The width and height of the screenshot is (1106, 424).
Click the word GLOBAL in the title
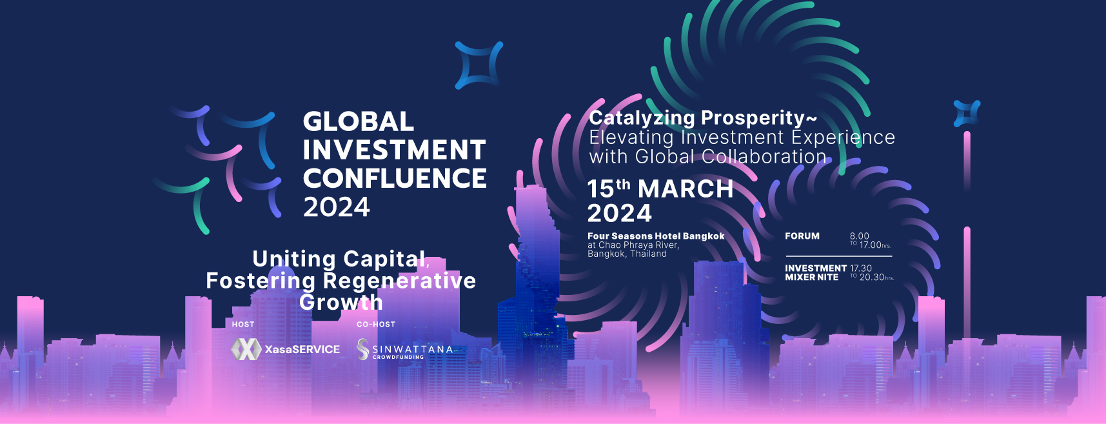tap(359, 121)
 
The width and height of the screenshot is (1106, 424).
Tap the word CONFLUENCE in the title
tap(395, 178)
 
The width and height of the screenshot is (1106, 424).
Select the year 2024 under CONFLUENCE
tap(337, 207)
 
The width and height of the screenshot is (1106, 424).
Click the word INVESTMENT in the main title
tap(394, 150)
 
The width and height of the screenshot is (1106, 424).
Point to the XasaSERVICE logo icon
tap(246, 349)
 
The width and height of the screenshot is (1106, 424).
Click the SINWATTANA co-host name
tap(413, 349)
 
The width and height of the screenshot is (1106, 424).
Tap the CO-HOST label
tap(376, 324)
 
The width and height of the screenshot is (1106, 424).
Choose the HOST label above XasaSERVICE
tap(243, 324)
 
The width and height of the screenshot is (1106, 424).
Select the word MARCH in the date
tap(686, 189)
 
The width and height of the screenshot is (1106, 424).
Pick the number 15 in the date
tap(600, 189)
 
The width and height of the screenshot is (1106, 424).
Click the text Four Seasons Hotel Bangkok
tap(656, 236)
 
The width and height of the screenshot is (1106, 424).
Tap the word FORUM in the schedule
tap(802, 236)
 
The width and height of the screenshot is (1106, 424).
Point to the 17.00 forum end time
tap(871, 245)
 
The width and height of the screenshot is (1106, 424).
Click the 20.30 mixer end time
tap(871, 278)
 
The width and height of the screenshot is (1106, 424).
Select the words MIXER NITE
tap(812, 278)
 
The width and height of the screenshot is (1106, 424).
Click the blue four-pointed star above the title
tap(479, 65)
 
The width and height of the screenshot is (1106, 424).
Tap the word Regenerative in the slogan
tap(399, 281)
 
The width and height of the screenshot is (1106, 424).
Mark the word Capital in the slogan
tap(386, 259)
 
